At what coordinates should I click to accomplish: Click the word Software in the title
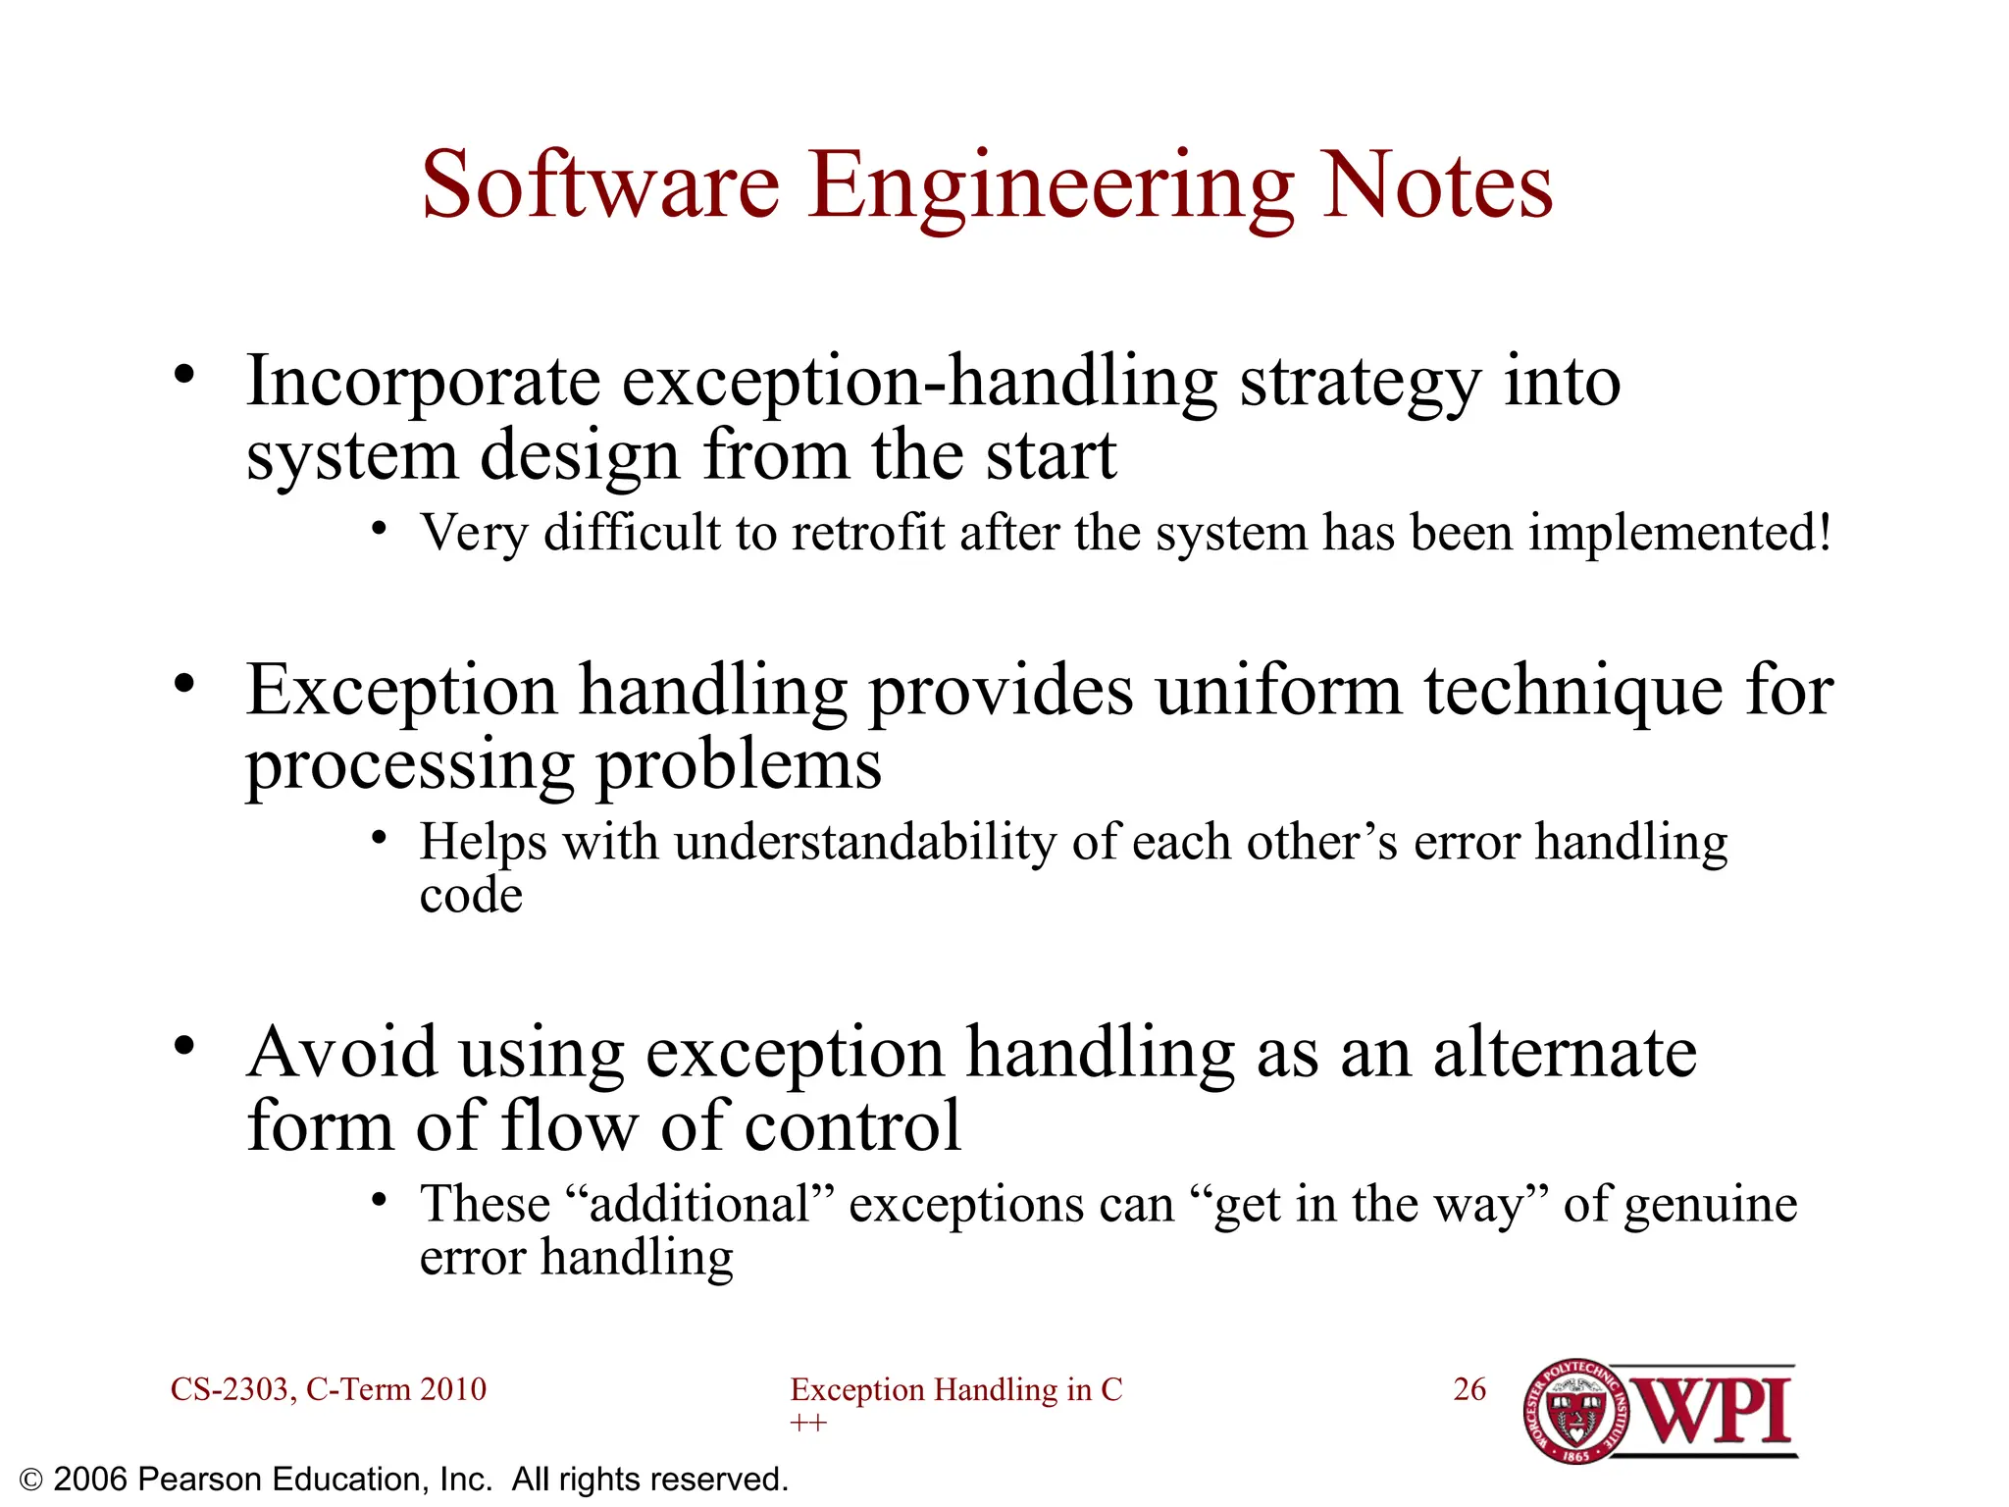(600, 186)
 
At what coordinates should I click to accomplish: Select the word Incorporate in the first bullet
(423, 383)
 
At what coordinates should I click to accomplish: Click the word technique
(1572, 693)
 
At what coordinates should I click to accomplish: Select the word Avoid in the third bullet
(341, 1053)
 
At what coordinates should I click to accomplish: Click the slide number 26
(1468, 1389)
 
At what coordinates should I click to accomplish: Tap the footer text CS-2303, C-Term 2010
(329, 1389)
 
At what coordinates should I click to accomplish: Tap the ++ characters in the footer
(808, 1423)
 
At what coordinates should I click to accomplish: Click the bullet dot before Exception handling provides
(184, 683)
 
